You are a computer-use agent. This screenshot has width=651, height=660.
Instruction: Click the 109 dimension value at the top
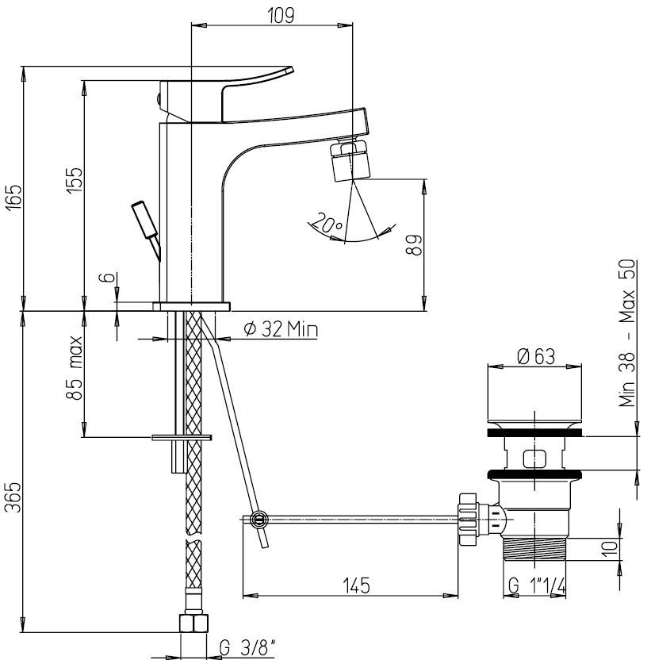tap(281, 16)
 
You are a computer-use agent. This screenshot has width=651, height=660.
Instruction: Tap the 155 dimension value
tap(75, 181)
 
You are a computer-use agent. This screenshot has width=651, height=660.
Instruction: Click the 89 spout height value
tap(414, 244)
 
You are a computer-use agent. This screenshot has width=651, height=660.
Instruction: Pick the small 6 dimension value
tap(107, 278)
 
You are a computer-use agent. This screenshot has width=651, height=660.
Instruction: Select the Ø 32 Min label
tap(281, 329)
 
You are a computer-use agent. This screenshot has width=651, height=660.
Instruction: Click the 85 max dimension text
tap(74, 368)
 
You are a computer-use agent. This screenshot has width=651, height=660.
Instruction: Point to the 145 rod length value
tap(357, 585)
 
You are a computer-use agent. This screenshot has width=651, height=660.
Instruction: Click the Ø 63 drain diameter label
tap(536, 356)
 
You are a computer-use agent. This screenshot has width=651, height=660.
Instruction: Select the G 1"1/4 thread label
tap(537, 585)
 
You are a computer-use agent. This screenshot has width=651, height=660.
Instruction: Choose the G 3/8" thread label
tap(247, 648)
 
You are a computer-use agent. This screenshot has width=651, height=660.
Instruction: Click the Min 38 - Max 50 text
tap(626, 332)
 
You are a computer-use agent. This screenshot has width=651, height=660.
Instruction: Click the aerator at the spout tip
tap(350, 161)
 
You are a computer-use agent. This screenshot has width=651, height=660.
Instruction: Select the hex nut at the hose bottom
tap(193, 623)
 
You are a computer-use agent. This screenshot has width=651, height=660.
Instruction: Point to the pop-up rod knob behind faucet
tap(146, 221)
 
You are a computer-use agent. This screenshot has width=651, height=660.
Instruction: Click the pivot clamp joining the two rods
tap(258, 519)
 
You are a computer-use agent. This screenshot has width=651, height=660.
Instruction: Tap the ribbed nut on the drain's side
tap(468, 520)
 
